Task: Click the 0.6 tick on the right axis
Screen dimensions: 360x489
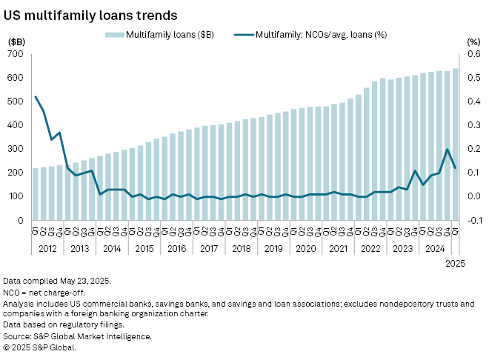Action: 472,54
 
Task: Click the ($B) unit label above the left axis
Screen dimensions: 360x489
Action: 17,42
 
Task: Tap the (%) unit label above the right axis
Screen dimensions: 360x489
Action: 472,42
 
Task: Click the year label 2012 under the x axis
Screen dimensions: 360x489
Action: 47,248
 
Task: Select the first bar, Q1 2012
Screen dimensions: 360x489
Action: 36,194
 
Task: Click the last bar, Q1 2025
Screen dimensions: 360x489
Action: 456,144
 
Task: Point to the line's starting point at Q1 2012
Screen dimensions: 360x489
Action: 36,96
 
